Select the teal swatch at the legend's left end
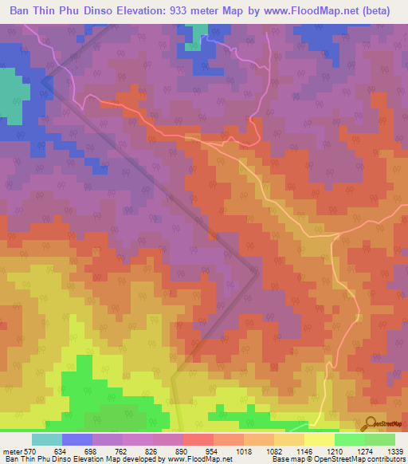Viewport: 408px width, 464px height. click(x=46, y=438)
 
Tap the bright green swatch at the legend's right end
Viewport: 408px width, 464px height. click(x=380, y=438)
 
